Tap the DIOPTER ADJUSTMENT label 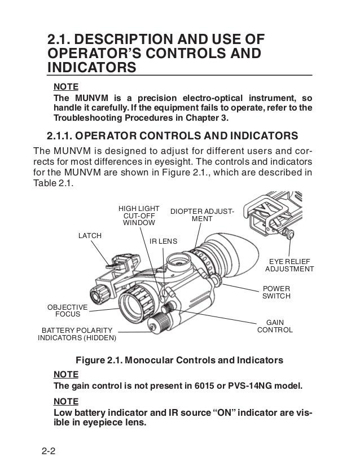pyautogui.click(x=202, y=215)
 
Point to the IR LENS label pyautogui.click(x=163, y=241)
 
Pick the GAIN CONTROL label pyautogui.click(x=275, y=326)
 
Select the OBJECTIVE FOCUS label pyautogui.click(x=63, y=309)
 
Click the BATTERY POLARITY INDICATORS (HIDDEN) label pyautogui.click(x=76, y=334)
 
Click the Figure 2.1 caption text pyautogui.click(x=179, y=360)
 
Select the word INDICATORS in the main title pyautogui.click(x=92, y=68)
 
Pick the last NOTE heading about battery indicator pyautogui.click(x=65, y=401)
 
